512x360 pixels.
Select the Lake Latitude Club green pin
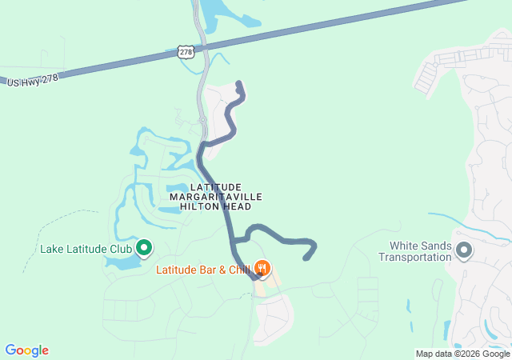click(x=145, y=249)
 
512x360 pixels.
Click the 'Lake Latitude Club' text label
click(x=86, y=249)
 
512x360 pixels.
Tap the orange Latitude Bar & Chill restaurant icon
click(x=263, y=269)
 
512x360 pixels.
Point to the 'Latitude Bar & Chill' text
click(x=203, y=270)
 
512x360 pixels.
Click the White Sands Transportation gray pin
click(x=463, y=252)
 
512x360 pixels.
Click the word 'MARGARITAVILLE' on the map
click(x=216, y=196)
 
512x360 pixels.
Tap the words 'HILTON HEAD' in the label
click(x=216, y=206)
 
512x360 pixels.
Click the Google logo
click(x=26, y=350)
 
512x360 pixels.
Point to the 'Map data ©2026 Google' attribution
click(x=462, y=354)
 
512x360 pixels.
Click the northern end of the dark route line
click(x=239, y=82)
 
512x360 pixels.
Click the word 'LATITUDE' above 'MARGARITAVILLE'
click(x=216, y=186)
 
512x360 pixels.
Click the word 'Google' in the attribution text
click(x=495, y=354)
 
